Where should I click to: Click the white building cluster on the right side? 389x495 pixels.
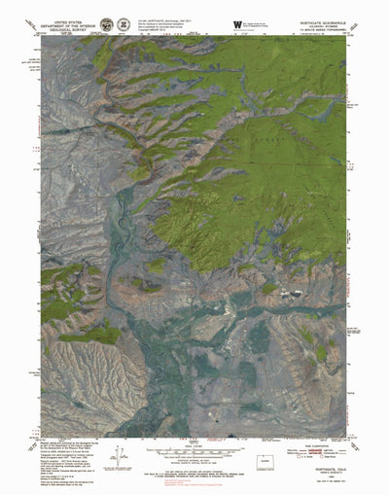(x=291, y=291)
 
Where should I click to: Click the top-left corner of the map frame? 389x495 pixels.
(x=41, y=36)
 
